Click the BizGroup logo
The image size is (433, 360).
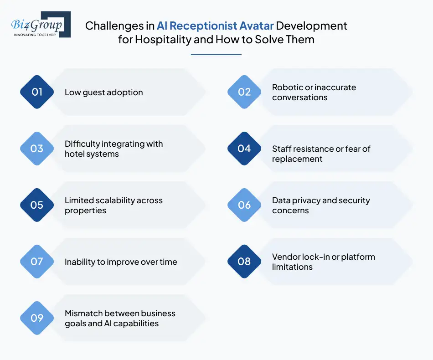pyautogui.click(x=41, y=24)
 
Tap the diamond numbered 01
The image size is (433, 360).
pyautogui.click(x=37, y=92)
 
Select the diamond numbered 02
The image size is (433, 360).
pyautogui.click(x=244, y=92)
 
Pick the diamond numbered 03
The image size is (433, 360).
pyautogui.click(x=37, y=149)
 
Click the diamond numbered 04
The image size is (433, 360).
pyautogui.click(x=244, y=149)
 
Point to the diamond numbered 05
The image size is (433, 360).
pyautogui.click(x=37, y=205)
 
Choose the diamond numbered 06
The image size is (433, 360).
pyautogui.click(x=244, y=205)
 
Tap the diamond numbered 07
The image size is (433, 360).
pyautogui.click(x=37, y=262)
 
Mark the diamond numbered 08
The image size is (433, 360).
pyautogui.click(x=244, y=262)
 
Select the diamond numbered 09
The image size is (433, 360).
pyautogui.click(x=37, y=318)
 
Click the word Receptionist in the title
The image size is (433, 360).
pyautogui.click(x=203, y=26)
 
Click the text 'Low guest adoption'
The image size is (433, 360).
pyautogui.click(x=104, y=93)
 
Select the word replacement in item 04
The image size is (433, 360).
pyautogui.click(x=297, y=159)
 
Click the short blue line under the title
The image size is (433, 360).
pyautogui.click(x=216, y=55)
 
